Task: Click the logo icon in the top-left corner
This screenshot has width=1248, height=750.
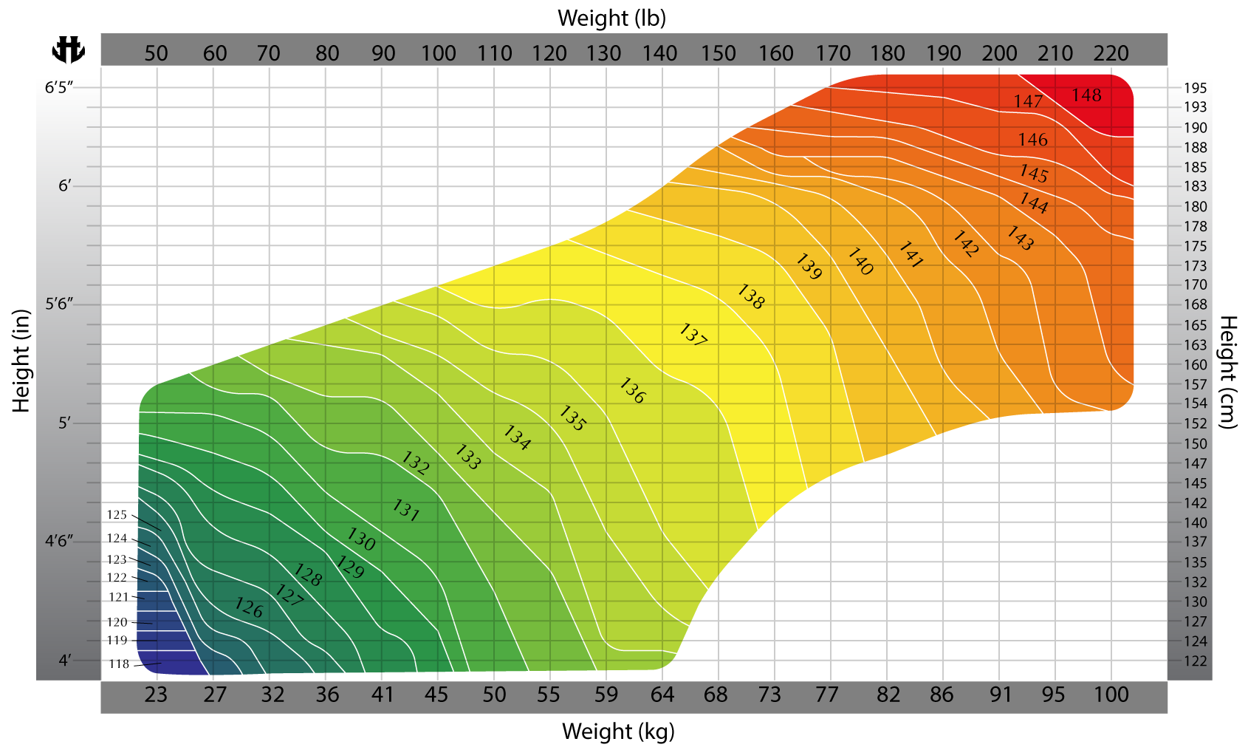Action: click(x=68, y=50)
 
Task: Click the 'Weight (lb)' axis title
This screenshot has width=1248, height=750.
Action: click(x=611, y=18)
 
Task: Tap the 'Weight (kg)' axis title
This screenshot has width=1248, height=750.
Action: click(x=618, y=731)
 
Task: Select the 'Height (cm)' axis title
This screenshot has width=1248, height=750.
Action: click(x=1227, y=372)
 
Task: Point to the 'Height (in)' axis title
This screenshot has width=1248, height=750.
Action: click(x=21, y=361)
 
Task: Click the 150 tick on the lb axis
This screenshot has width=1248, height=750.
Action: click(x=719, y=53)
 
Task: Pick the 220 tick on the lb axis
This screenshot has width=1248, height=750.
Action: click(x=1111, y=53)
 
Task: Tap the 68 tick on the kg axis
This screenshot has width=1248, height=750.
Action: click(x=716, y=695)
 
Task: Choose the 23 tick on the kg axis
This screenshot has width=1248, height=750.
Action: click(x=156, y=695)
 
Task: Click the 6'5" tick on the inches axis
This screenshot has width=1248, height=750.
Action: click(x=60, y=88)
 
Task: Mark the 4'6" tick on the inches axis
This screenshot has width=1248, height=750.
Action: click(x=60, y=541)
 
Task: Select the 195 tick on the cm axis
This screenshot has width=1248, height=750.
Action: click(x=1195, y=88)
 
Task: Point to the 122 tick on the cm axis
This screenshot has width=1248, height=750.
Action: click(x=1195, y=661)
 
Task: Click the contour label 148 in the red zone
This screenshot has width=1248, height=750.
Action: click(x=1086, y=95)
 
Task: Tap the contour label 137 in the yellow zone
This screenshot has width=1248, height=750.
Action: click(x=693, y=335)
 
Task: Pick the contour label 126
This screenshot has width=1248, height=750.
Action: click(x=249, y=608)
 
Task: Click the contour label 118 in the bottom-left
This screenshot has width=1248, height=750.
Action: click(x=119, y=664)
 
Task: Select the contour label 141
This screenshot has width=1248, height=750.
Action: click(x=911, y=255)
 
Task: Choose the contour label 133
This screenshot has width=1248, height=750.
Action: click(x=467, y=457)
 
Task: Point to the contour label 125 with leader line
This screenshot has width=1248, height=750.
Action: click(x=117, y=515)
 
